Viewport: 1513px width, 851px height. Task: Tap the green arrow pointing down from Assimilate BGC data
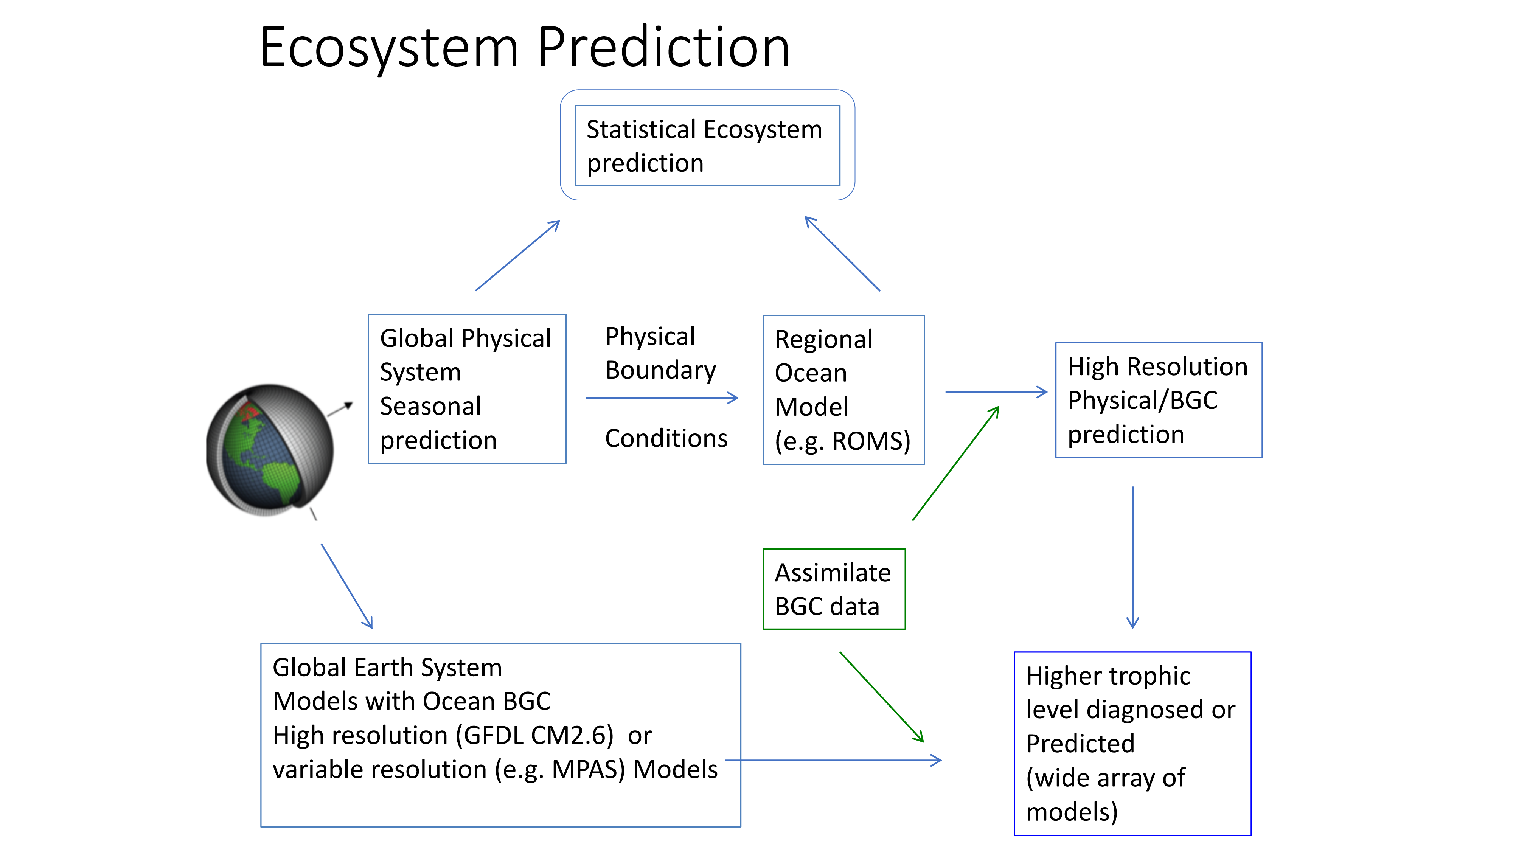(x=882, y=697)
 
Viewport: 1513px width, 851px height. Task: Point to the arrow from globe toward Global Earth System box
(x=346, y=586)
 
